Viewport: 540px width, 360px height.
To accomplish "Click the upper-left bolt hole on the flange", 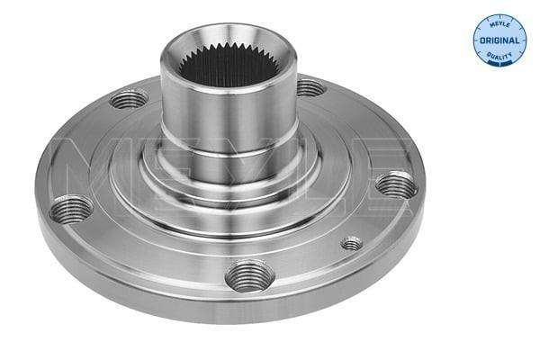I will (130, 97).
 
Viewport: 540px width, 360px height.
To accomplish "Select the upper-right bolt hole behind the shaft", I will (309, 87).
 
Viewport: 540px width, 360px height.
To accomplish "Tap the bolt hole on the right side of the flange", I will (396, 185).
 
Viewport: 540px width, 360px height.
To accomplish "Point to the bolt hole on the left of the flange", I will (71, 211).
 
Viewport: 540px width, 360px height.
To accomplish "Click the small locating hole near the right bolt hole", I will (352, 242).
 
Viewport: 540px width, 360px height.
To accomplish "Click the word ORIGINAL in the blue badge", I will (499, 41).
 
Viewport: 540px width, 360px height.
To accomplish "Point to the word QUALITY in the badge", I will (499, 55).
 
